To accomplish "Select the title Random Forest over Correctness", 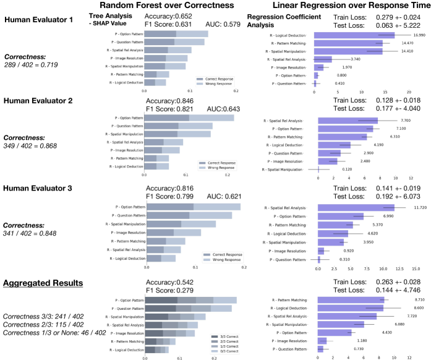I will click(166, 6).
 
